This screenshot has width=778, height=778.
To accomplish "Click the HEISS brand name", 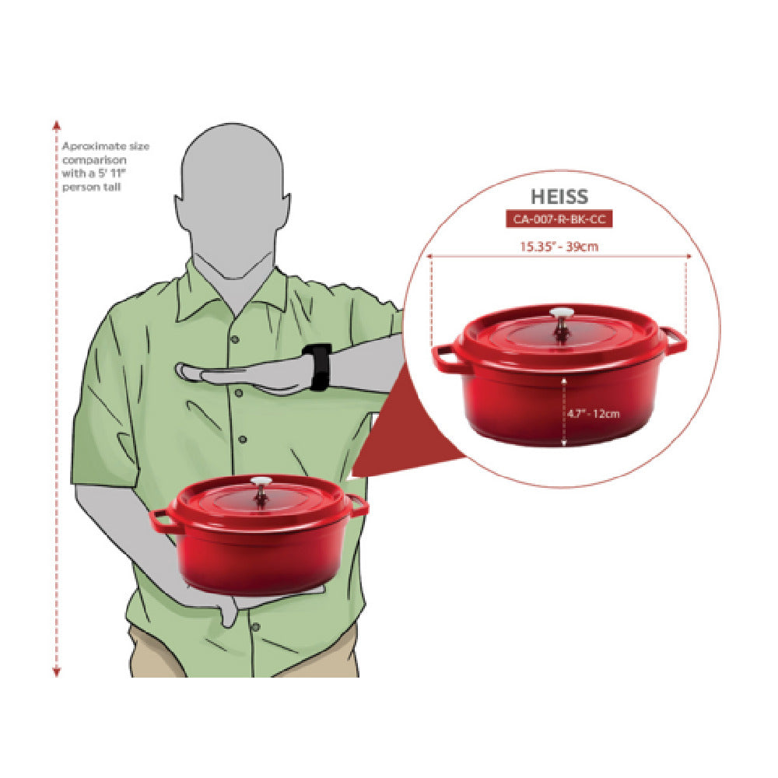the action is point(559,197).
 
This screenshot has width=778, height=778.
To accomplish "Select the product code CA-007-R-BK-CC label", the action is point(559,219).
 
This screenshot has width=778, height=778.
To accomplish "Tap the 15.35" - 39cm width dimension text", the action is point(559,246).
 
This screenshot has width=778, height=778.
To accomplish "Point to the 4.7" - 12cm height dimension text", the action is point(594,413).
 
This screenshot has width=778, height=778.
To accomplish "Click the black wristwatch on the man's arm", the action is point(317,366).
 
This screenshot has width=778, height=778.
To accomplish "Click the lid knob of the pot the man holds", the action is point(261,490).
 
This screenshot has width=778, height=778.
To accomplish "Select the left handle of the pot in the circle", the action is point(446,358).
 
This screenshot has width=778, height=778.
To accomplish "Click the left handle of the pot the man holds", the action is point(163,520).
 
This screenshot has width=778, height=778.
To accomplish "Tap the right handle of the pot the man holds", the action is point(358,505).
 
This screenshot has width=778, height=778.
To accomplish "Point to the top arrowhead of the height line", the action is point(57,124).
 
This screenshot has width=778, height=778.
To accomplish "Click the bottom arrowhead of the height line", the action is point(57,672).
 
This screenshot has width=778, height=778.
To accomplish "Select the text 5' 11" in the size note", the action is point(111,173).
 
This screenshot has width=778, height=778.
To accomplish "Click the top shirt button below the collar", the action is point(235,339).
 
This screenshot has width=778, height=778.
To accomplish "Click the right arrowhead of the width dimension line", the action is point(689,257).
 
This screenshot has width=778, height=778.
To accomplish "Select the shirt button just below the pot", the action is point(255,627).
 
